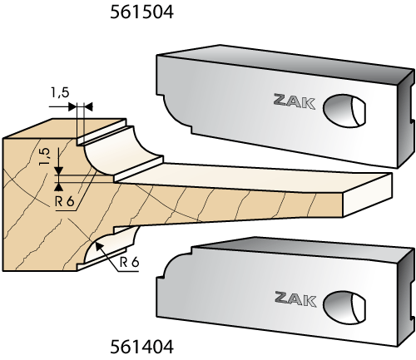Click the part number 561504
click(x=141, y=12)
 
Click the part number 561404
click(x=141, y=347)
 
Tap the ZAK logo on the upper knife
click(x=295, y=101)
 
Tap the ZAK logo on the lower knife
click(x=295, y=298)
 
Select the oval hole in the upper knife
click(x=344, y=111)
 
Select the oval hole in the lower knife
click(x=344, y=307)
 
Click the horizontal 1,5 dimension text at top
click(x=60, y=92)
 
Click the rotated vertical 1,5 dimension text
click(x=45, y=156)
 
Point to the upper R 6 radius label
click(x=65, y=201)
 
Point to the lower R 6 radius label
click(x=129, y=262)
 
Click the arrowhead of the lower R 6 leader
click(x=98, y=246)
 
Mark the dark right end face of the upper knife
click(x=407, y=119)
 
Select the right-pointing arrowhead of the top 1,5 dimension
click(x=72, y=106)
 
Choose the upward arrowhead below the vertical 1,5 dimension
click(x=58, y=187)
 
